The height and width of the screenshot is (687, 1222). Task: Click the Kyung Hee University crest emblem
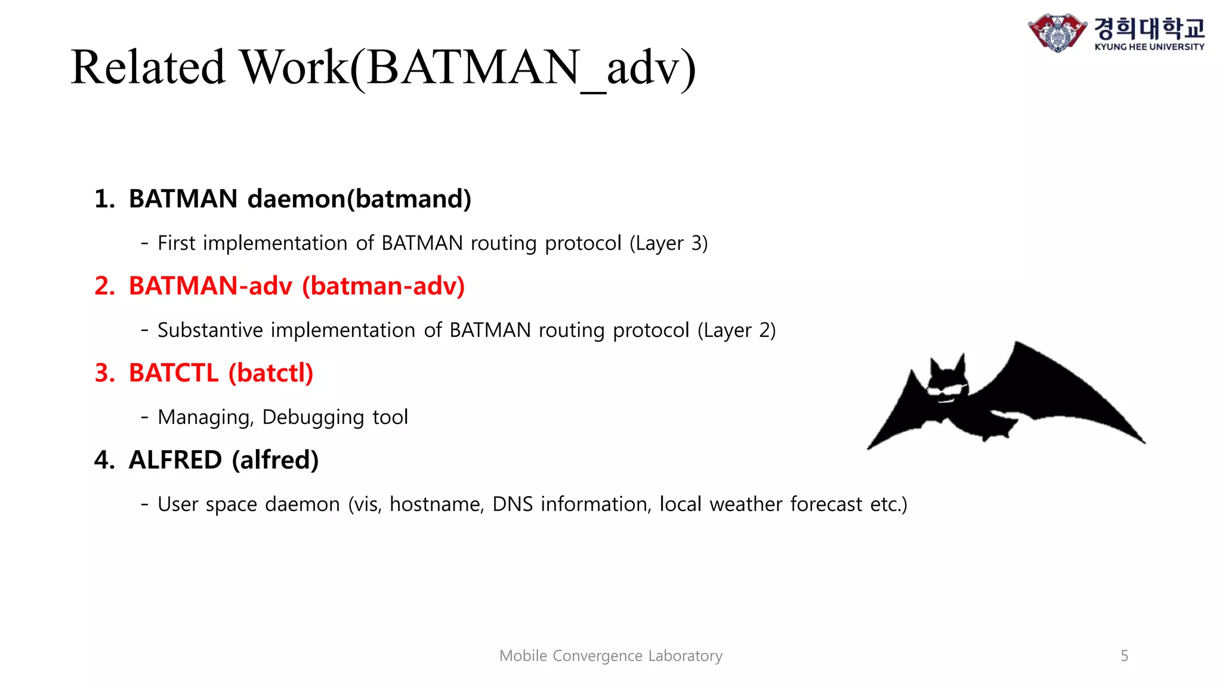1057,32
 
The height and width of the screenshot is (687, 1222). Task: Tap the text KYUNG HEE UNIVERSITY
1149,47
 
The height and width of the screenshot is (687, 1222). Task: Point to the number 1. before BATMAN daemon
104,199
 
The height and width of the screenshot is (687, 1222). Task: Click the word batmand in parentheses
409,199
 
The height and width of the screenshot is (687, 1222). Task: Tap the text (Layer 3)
668,243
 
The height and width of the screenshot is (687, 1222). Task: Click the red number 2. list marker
104,286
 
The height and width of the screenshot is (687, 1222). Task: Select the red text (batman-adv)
383,286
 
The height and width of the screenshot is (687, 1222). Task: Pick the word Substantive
210,330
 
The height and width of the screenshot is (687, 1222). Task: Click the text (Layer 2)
736,330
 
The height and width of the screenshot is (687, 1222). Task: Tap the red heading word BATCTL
174,373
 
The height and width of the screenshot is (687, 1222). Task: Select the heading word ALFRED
175,460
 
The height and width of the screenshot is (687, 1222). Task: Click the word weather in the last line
745,505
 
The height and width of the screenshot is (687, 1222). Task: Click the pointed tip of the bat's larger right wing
1143,441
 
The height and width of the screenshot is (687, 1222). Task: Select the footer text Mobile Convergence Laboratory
610,656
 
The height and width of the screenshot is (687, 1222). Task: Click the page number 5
1124,656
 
